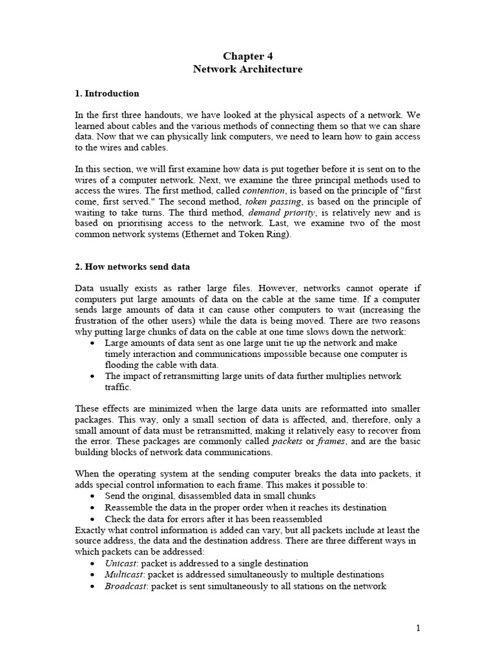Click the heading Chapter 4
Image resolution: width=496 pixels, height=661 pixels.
point(247,56)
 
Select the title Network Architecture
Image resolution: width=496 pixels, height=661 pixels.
point(247,69)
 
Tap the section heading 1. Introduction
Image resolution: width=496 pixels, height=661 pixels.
point(107,94)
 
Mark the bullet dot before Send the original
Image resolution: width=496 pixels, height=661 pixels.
point(95,496)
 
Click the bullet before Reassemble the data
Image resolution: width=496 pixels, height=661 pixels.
point(95,507)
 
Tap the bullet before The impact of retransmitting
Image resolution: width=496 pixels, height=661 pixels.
point(95,376)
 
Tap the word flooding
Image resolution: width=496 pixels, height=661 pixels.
point(123,365)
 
